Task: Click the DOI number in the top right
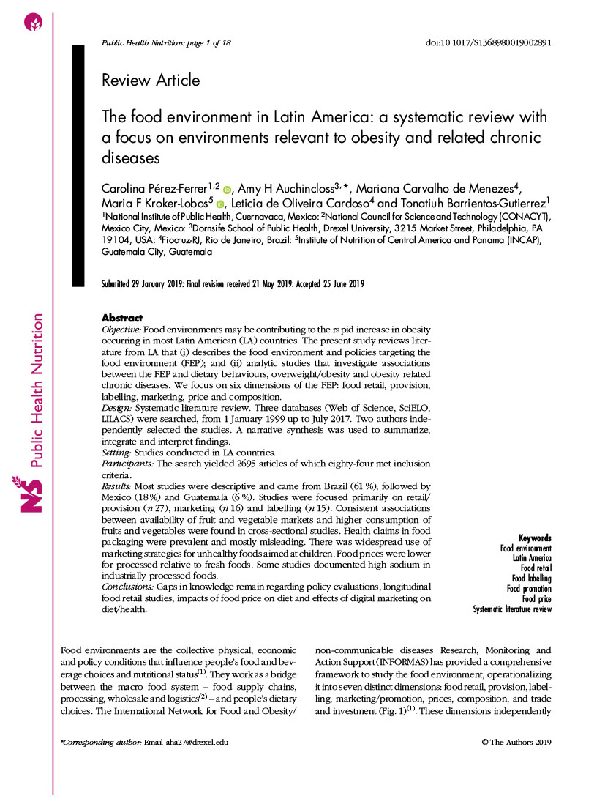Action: click(x=488, y=42)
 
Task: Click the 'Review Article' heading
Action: click(x=151, y=80)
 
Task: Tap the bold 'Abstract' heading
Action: click(x=121, y=318)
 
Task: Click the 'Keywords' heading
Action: click(x=535, y=538)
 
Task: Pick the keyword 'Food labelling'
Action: click(x=531, y=579)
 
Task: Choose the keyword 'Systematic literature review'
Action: click(x=512, y=609)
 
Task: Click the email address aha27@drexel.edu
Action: click(x=196, y=742)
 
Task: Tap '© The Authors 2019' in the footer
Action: click(x=516, y=742)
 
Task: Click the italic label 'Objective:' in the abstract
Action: click(x=121, y=330)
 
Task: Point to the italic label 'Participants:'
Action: click(x=127, y=464)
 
